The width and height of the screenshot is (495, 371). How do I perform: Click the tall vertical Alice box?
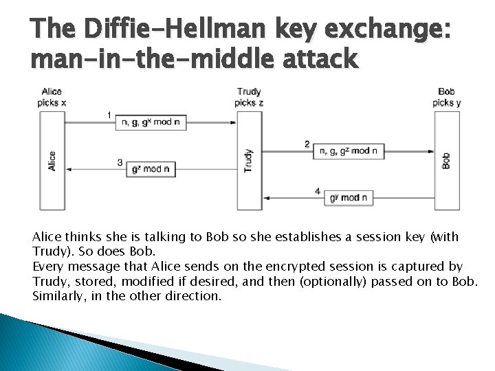click(x=52, y=160)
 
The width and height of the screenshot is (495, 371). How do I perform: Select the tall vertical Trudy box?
click(x=249, y=160)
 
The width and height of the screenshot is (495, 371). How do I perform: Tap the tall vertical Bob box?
click(x=446, y=160)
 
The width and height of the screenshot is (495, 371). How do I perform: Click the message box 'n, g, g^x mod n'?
click(x=151, y=122)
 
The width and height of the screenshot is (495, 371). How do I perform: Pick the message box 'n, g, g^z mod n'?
click(x=349, y=151)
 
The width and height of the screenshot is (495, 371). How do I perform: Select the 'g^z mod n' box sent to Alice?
click(x=151, y=168)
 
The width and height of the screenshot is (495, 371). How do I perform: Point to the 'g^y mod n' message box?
click(x=349, y=198)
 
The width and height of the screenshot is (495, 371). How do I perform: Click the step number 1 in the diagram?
click(x=109, y=114)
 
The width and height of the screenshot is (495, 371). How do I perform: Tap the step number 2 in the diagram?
click(x=307, y=144)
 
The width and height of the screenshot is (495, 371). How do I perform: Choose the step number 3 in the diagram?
click(x=120, y=163)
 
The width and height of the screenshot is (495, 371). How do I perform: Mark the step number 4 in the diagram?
click(x=317, y=190)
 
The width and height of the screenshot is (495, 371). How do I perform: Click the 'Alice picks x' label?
click(x=52, y=97)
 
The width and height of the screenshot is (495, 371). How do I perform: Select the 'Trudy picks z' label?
click(x=248, y=97)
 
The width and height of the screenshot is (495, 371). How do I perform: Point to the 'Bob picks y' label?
click(x=446, y=97)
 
